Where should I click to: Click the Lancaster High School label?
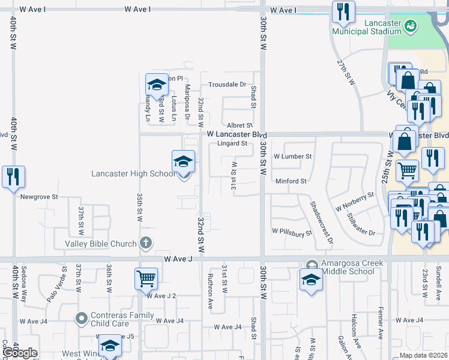pos(133,174)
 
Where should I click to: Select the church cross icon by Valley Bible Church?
pos(145,243)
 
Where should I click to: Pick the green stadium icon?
pos(411,25)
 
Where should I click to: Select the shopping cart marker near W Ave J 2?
pos(146,278)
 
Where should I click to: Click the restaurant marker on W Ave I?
pos(343,12)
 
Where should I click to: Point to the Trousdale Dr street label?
pos(228,85)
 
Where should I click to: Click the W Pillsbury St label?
pos(292,230)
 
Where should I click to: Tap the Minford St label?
pos(291,181)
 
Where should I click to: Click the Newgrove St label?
pos(38,196)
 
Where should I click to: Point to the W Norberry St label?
pos(354,201)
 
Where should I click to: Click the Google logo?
pos(20,353)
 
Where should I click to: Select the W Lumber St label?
pos(292,156)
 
